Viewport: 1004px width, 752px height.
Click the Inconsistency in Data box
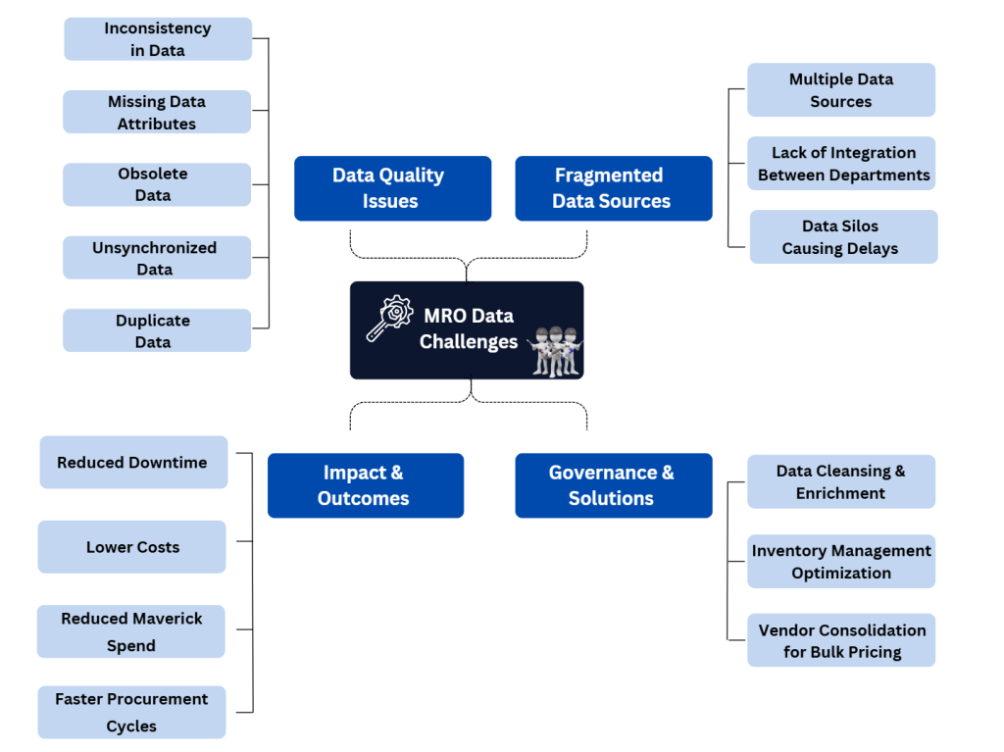(x=158, y=39)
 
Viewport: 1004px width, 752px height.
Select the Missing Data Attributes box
(x=157, y=112)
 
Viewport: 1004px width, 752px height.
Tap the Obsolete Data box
(x=157, y=184)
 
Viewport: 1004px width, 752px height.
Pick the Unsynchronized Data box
(x=157, y=258)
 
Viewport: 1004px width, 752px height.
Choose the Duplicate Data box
(x=157, y=330)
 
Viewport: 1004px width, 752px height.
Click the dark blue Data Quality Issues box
(x=392, y=188)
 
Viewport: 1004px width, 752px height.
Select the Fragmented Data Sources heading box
(x=613, y=188)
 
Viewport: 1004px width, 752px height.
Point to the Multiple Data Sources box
(x=840, y=90)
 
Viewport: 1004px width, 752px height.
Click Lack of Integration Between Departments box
(x=840, y=163)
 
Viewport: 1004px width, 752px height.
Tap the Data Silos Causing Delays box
(x=842, y=236)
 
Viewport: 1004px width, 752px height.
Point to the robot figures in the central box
(x=555, y=350)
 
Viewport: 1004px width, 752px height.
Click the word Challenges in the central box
(x=469, y=341)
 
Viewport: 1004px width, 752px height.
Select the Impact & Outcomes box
(x=365, y=485)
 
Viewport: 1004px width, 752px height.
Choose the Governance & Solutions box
(x=613, y=485)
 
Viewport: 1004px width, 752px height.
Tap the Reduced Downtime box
(x=133, y=463)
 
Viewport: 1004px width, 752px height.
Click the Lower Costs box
(x=132, y=547)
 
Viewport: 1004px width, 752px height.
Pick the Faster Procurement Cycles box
(x=131, y=712)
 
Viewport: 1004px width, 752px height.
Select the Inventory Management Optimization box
(x=840, y=562)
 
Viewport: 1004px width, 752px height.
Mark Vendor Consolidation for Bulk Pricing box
(x=840, y=640)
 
